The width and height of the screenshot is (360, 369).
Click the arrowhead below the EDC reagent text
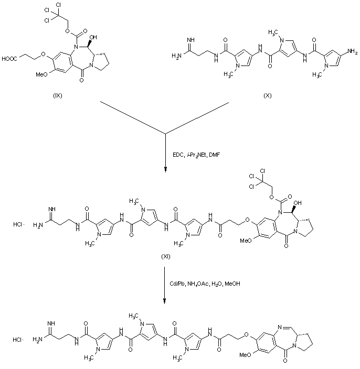165,169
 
